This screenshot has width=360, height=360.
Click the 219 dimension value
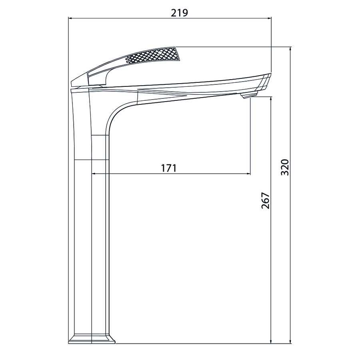(180, 13)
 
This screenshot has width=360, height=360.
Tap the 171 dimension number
(169, 168)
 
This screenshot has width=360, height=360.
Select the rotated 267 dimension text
(266, 200)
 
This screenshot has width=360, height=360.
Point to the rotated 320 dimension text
(285, 167)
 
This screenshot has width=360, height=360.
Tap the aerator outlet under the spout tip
(249, 95)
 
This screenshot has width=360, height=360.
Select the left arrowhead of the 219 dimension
(71, 18)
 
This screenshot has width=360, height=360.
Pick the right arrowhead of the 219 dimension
(269, 18)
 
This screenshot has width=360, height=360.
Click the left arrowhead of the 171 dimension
(94, 174)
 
